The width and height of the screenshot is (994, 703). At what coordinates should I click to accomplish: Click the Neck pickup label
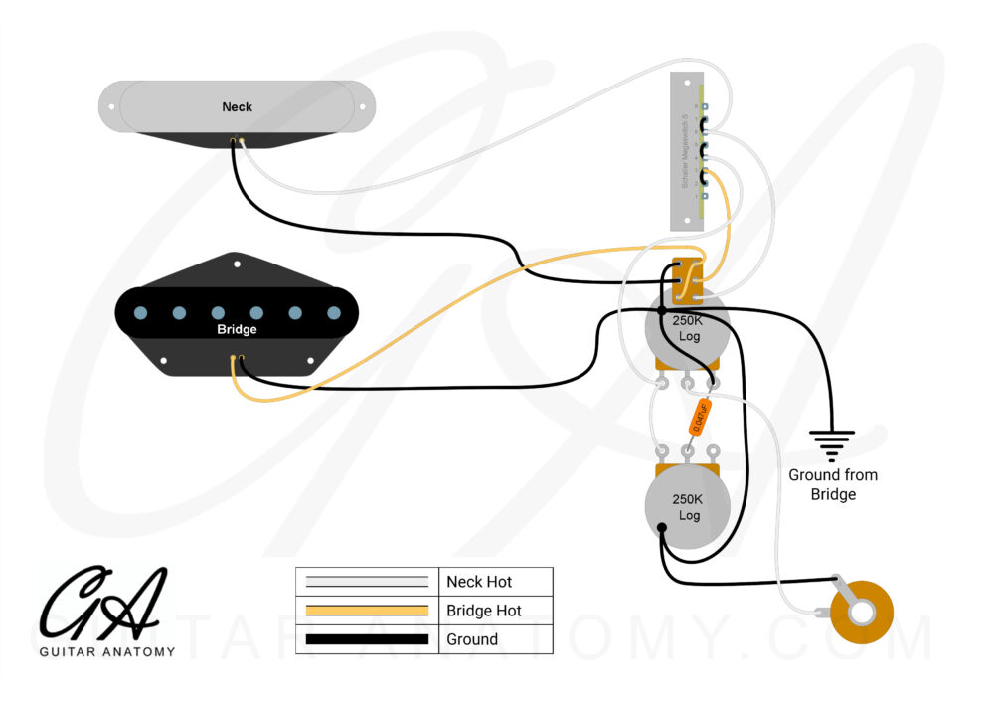(x=237, y=106)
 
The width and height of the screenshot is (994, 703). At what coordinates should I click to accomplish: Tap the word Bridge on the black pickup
(x=237, y=329)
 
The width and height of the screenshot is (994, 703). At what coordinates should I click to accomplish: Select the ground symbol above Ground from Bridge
(x=831, y=440)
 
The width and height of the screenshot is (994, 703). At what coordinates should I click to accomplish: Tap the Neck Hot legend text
(x=480, y=582)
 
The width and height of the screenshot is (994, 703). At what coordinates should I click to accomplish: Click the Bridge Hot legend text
(x=483, y=611)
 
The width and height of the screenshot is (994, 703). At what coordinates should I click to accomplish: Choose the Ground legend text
(x=472, y=639)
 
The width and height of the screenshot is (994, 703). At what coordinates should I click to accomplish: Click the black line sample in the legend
(x=367, y=639)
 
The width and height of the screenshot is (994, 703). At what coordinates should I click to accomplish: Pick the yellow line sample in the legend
(x=367, y=611)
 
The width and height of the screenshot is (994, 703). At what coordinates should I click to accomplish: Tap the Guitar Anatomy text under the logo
(x=107, y=652)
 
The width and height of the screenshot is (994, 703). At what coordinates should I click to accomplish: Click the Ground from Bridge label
(x=833, y=484)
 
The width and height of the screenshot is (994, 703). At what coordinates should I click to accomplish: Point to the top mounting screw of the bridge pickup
(x=237, y=264)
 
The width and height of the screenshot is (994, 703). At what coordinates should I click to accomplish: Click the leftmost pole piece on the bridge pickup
(x=140, y=312)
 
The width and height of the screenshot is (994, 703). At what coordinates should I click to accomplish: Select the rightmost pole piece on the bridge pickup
(x=333, y=312)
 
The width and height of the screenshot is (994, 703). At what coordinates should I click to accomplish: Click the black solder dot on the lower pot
(x=661, y=528)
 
